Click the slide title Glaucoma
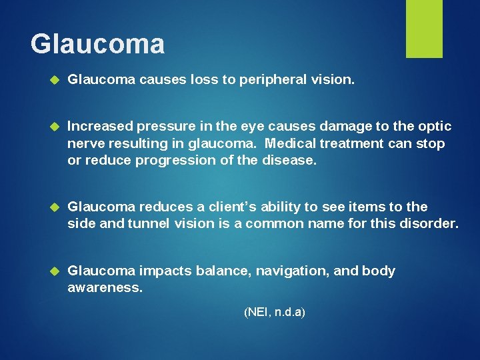[97, 45]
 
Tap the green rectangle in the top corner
[424, 29]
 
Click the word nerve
[85, 143]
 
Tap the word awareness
[105, 288]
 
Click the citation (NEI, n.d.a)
[275, 311]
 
